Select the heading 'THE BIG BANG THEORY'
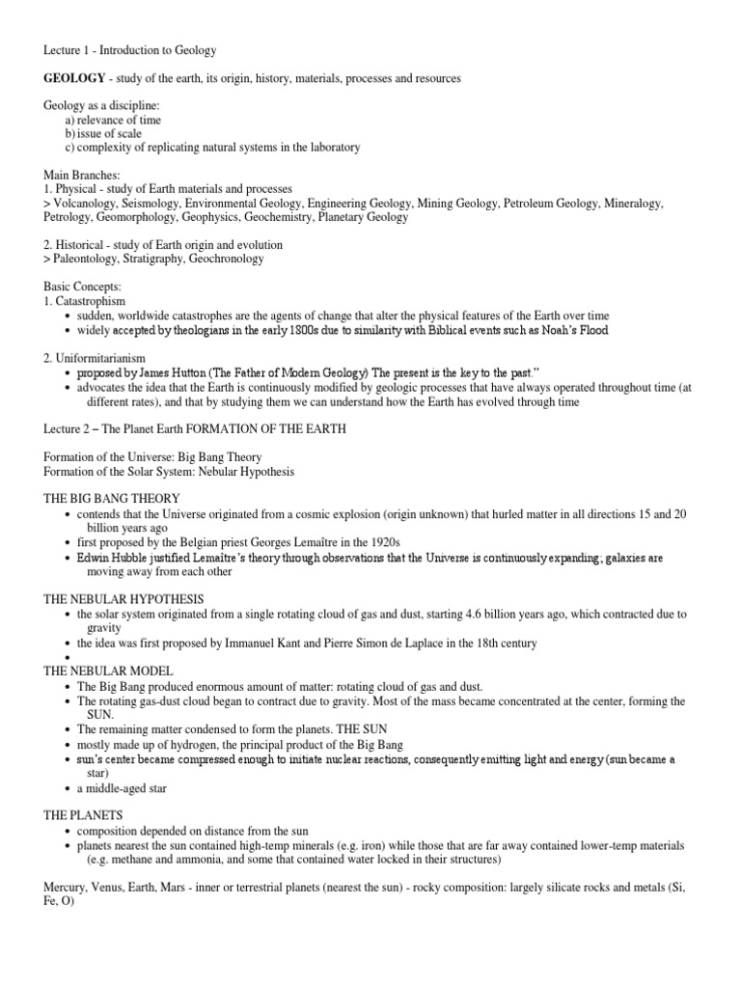tap(112, 497)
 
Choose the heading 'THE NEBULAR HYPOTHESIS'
tap(125, 599)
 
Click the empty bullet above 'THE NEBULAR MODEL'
tap(66, 658)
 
